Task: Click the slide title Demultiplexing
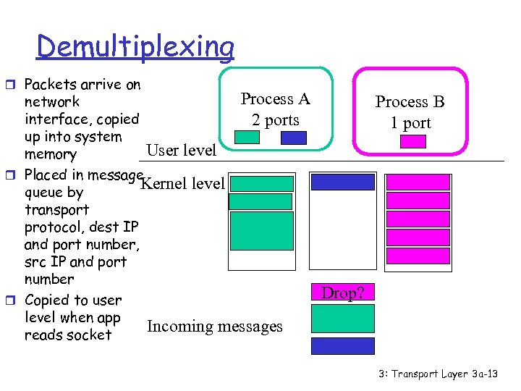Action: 135,47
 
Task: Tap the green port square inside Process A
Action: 247,138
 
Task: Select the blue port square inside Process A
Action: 293,138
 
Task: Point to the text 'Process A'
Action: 275,99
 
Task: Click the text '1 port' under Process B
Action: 410,123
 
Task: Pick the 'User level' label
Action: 181,150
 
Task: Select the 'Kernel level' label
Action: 182,184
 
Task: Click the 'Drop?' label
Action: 342,293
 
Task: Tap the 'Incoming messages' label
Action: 215,327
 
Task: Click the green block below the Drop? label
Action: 342,319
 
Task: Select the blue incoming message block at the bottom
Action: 342,346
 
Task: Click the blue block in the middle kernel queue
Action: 342,182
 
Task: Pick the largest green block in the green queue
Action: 261,231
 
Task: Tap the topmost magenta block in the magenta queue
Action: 418,182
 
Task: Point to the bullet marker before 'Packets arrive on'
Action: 15,85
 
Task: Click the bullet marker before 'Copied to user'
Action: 15,300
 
